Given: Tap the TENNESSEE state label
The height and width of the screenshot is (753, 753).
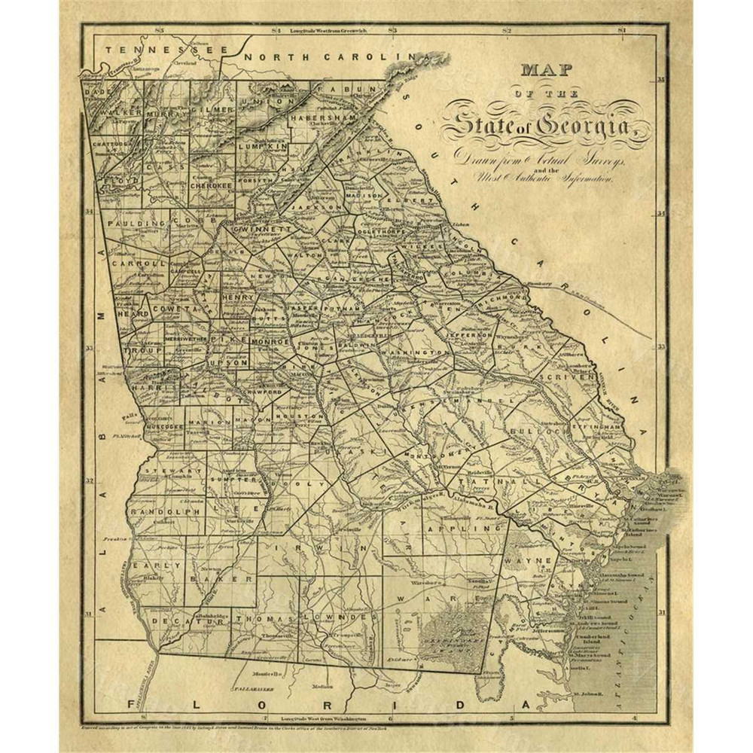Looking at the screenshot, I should [165, 50].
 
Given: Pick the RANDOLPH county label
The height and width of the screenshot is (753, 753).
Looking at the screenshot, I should [163, 511].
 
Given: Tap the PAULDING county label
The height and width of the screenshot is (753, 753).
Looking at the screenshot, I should [135, 224].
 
